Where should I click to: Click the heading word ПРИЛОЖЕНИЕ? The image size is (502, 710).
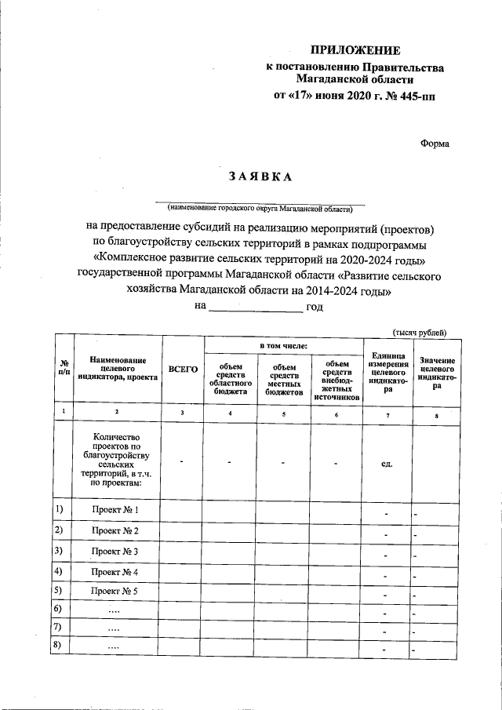[x=355, y=51]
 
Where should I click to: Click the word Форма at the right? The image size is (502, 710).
[x=435, y=143]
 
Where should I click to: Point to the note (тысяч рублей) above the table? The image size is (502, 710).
[x=420, y=332]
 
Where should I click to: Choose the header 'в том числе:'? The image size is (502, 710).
[x=283, y=345]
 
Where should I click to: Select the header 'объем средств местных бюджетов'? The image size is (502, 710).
[x=284, y=378]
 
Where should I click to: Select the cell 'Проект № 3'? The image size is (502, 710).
[x=115, y=552]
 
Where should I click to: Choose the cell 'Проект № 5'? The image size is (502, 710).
[x=115, y=591]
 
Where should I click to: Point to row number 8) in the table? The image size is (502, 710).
[x=58, y=645]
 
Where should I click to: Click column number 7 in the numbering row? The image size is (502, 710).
[x=387, y=413]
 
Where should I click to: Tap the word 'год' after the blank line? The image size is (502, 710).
[x=315, y=307]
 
